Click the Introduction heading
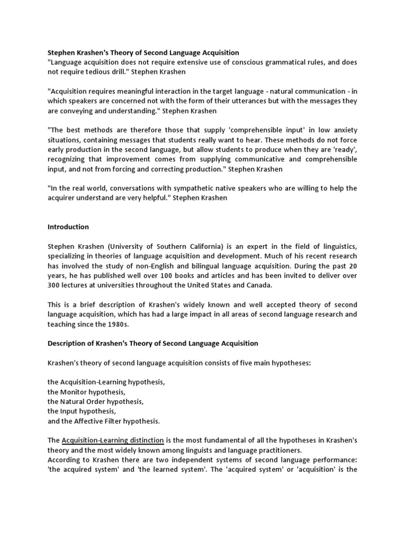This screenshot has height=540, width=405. pyautogui.click(x=68, y=227)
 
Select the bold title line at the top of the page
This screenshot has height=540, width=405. pyautogui.click(x=143, y=52)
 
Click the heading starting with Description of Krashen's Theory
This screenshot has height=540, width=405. pyautogui.click(x=153, y=343)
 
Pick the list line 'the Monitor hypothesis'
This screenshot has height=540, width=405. pyautogui.click(x=86, y=392)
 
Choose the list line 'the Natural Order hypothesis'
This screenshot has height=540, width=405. pyautogui.click(x=95, y=401)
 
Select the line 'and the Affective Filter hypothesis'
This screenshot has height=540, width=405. pyautogui.click(x=103, y=421)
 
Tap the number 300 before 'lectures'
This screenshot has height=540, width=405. pyautogui.click(x=54, y=285)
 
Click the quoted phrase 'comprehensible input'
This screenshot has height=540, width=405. pyautogui.click(x=246, y=130)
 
